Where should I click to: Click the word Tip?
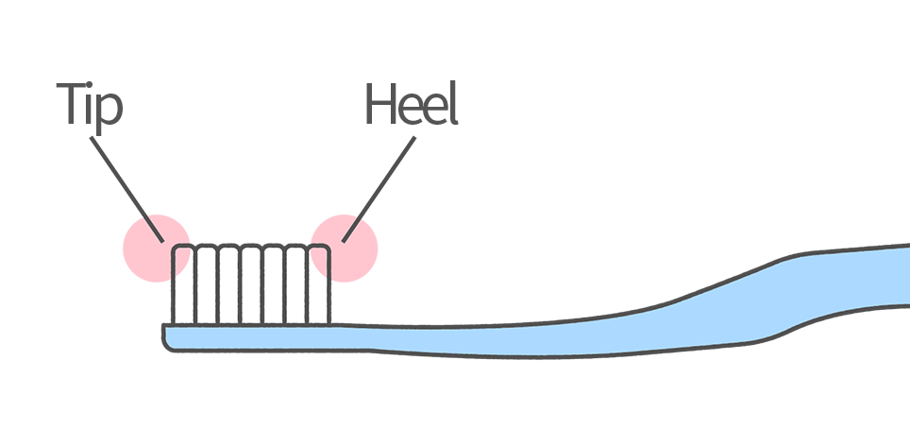coord(90,105)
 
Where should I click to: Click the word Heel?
coord(411,105)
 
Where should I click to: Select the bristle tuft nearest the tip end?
coord(183,283)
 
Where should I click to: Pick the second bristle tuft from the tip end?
coord(206,283)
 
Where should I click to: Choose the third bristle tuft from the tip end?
coord(228,283)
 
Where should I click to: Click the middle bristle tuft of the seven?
coord(251,283)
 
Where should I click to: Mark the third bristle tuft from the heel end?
coord(274,283)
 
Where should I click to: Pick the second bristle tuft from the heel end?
coord(296,283)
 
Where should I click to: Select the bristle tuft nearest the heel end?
coord(319,283)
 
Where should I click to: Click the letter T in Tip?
coord(72,103)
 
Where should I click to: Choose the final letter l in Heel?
coord(453,103)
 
